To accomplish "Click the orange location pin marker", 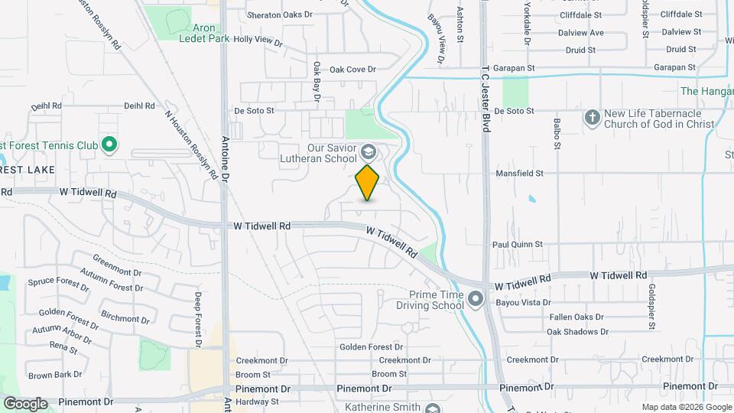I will coord(367,182).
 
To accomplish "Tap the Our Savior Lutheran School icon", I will coord(369,150).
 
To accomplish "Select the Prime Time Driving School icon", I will coord(476,299).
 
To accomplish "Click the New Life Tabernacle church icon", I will coord(591,118).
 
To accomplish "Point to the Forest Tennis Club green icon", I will coord(109,144).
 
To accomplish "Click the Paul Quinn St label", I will coord(517,245).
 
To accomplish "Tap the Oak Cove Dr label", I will coord(353,70).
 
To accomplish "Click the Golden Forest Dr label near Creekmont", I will coord(371,347).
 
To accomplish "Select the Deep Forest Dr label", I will coord(197,319).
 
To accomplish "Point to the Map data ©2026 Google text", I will coord(686,407).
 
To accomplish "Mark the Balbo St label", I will coord(557,131).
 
